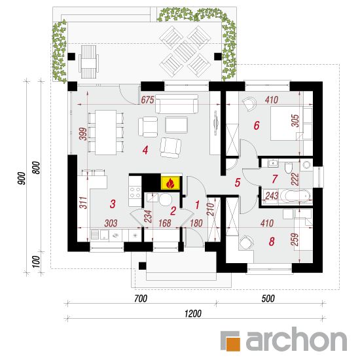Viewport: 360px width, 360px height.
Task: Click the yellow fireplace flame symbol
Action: (x=170, y=183)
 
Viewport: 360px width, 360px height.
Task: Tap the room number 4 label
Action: (x=145, y=150)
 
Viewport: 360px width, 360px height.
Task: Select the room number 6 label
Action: (x=257, y=126)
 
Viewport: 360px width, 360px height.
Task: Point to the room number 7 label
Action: (x=275, y=179)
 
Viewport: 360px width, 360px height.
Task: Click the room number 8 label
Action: (x=272, y=242)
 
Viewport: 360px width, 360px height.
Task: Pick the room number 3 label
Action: (x=113, y=204)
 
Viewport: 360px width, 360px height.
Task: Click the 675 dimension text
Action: (x=147, y=100)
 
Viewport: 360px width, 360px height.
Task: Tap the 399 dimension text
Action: (x=83, y=134)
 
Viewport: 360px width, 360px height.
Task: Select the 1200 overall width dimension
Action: (x=193, y=314)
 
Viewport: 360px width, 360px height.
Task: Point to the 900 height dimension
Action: (x=22, y=178)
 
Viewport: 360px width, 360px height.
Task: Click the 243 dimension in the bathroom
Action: (x=272, y=196)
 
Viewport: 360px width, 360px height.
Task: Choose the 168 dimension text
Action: (x=164, y=223)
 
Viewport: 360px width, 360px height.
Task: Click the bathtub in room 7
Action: (x=295, y=196)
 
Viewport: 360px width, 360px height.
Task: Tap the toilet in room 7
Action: (x=288, y=168)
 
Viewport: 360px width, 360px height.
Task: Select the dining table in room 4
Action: (x=106, y=132)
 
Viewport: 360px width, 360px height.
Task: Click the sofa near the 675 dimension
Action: (x=177, y=104)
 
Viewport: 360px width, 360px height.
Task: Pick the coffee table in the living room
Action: (x=176, y=125)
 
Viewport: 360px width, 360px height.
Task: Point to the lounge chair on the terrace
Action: (x=88, y=62)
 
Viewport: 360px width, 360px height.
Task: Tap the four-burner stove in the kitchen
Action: (x=135, y=192)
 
